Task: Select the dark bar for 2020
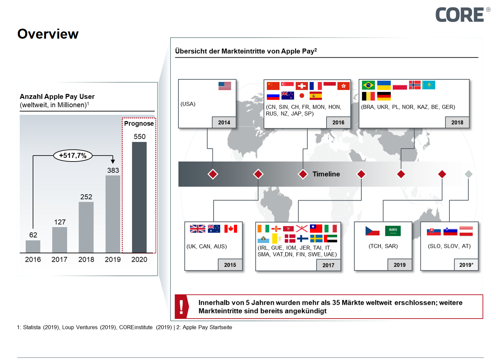coord(139,197)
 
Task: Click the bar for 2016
coord(33,246)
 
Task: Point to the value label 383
coord(113,171)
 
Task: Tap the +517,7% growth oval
coord(73,156)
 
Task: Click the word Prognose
coord(139,124)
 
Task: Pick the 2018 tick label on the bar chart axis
coord(86,260)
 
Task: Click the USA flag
coord(225,86)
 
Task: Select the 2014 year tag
coord(224,123)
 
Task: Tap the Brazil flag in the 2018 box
coord(368,85)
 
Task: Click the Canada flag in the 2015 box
coord(231,229)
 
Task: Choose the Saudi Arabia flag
coord(393,231)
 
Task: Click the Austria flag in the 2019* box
coord(466,231)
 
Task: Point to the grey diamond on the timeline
coord(468,174)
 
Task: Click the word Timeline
coord(326,174)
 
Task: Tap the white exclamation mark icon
coord(181,307)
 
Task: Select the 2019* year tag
coord(466,265)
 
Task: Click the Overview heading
coord(48,34)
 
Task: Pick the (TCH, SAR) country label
coord(383,246)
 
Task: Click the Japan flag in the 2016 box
coord(302,96)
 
